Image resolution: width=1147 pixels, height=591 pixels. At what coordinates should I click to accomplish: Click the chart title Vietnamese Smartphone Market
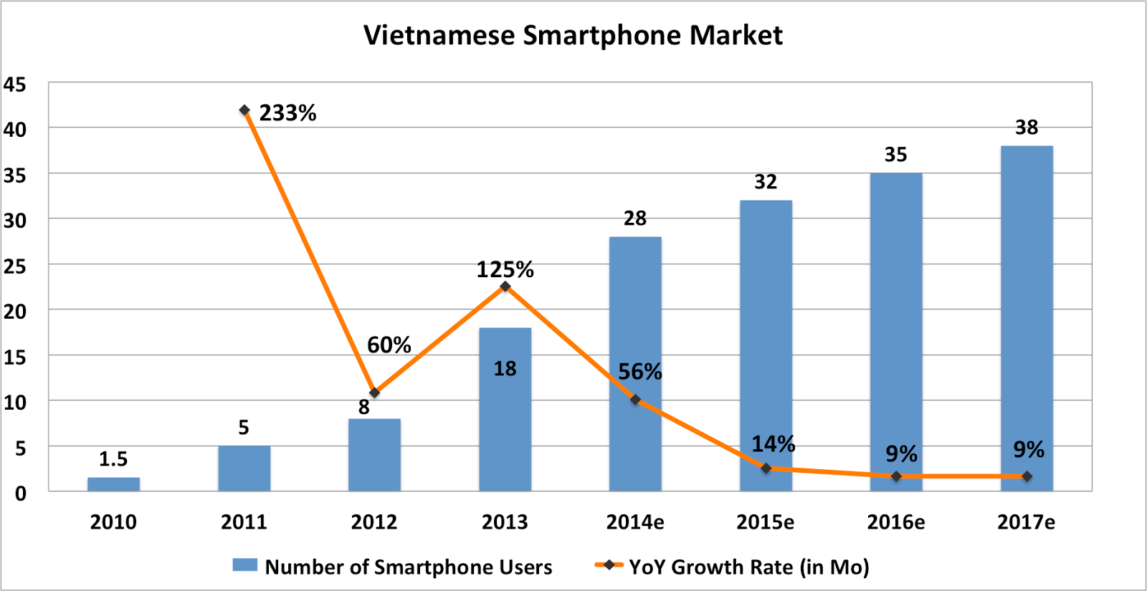click(x=573, y=35)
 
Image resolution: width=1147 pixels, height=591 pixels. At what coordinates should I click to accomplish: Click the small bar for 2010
click(x=113, y=484)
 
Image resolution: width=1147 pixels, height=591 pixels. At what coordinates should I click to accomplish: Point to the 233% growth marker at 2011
click(x=244, y=110)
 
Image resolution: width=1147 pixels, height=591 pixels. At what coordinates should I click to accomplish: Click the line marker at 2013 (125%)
click(x=505, y=287)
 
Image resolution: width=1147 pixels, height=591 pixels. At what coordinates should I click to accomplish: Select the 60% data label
click(x=389, y=345)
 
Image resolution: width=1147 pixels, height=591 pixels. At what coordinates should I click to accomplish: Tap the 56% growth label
click(x=639, y=372)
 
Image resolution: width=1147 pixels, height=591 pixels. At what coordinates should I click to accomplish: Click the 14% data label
click(x=773, y=444)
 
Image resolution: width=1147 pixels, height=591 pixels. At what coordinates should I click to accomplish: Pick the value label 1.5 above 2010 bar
click(x=113, y=458)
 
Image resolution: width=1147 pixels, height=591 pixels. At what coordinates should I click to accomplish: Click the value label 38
click(x=1027, y=128)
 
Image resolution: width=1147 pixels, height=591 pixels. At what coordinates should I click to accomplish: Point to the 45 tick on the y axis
click(x=15, y=85)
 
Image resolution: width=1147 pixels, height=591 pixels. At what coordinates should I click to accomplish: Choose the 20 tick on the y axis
click(x=15, y=312)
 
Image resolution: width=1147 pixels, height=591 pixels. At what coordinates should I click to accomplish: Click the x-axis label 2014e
click(x=635, y=522)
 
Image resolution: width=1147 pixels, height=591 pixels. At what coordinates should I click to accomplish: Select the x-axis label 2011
click(x=244, y=522)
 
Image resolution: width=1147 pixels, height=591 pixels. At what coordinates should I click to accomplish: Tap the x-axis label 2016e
click(x=895, y=522)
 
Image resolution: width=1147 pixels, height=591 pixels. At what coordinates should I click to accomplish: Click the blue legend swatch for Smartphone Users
click(x=244, y=565)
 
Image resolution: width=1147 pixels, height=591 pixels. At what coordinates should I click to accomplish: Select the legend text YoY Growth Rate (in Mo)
click(x=748, y=567)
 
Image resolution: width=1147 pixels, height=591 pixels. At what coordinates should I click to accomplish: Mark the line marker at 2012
click(x=374, y=393)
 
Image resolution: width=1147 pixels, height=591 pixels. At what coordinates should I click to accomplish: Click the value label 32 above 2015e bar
click(x=766, y=182)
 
